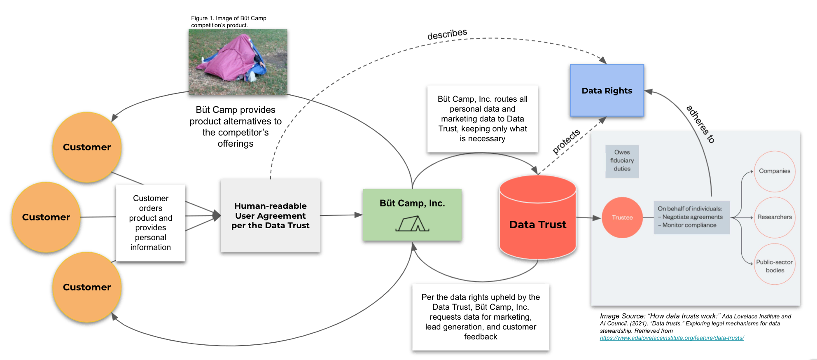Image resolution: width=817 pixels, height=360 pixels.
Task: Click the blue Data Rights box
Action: click(x=607, y=91)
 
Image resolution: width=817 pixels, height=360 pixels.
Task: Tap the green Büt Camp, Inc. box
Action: click(x=412, y=215)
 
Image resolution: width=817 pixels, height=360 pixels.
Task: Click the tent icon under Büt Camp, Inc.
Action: click(x=412, y=224)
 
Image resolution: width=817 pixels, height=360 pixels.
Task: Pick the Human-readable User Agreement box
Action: click(x=270, y=215)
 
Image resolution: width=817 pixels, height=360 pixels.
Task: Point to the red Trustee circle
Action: click(x=622, y=217)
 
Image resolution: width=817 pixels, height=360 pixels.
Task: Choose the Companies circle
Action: click(x=775, y=171)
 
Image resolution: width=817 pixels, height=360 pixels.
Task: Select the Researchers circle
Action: click(x=775, y=217)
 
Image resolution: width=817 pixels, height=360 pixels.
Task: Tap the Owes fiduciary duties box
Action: click(x=622, y=161)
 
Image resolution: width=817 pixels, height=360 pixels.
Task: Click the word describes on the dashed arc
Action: click(x=447, y=34)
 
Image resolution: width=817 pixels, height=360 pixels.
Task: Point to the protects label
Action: click(x=566, y=141)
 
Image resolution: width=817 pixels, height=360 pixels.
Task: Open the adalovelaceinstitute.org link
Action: click(x=672, y=338)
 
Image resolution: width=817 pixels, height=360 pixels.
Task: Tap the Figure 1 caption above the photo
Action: click(x=229, y=21)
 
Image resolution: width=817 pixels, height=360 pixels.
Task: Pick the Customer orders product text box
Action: click(x=151, y=223)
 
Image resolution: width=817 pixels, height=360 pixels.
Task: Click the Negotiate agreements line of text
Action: click(x=692, y=217)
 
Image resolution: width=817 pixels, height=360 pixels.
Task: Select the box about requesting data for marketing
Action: click(x=481, y=317)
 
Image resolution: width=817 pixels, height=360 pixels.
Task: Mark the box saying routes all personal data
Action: click(x=482, y=119)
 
